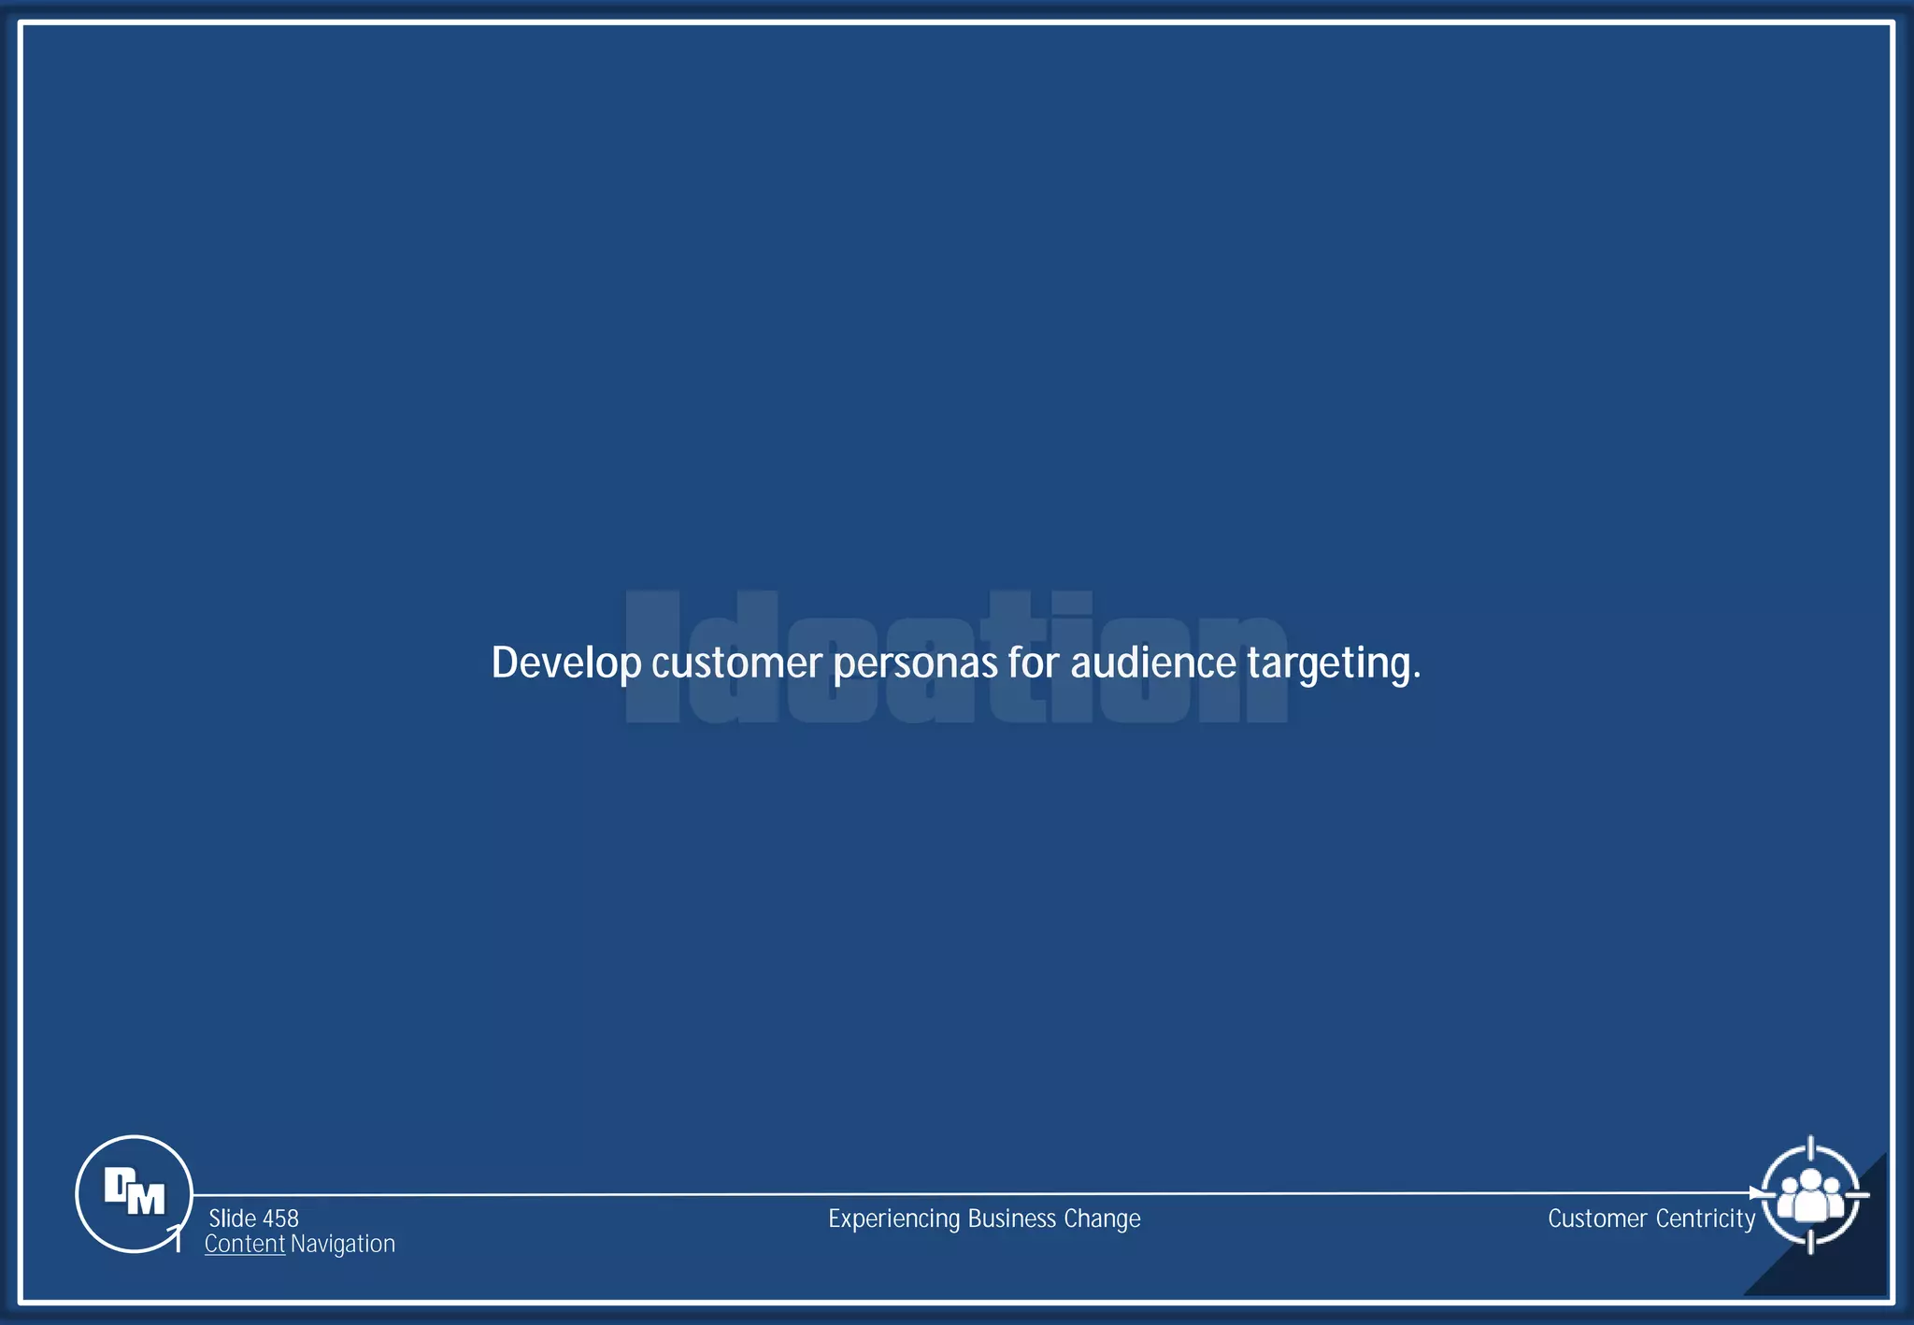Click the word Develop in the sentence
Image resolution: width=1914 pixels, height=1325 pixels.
point(566,663)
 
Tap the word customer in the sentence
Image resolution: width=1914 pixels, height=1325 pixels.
point(736,663)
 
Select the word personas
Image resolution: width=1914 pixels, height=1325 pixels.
point(915,663)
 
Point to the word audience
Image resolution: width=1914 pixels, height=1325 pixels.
point(1153,663)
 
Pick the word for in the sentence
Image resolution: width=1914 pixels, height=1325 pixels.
point(1034,663)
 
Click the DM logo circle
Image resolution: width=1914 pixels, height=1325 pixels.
point(134,1193)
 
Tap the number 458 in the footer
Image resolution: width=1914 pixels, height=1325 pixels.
point(280,1218)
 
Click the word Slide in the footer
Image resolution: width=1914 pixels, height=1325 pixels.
point(232,1218)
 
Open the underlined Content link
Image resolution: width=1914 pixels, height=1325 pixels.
point(245,1244)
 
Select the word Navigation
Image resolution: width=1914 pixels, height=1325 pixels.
point(343,1244)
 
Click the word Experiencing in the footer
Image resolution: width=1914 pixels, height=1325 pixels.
point(894,1218)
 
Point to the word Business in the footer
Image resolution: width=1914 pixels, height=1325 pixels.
point(1012,1218)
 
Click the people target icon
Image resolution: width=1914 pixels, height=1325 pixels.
point(1810,1195)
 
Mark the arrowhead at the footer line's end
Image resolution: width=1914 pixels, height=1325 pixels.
point(1754,1193)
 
